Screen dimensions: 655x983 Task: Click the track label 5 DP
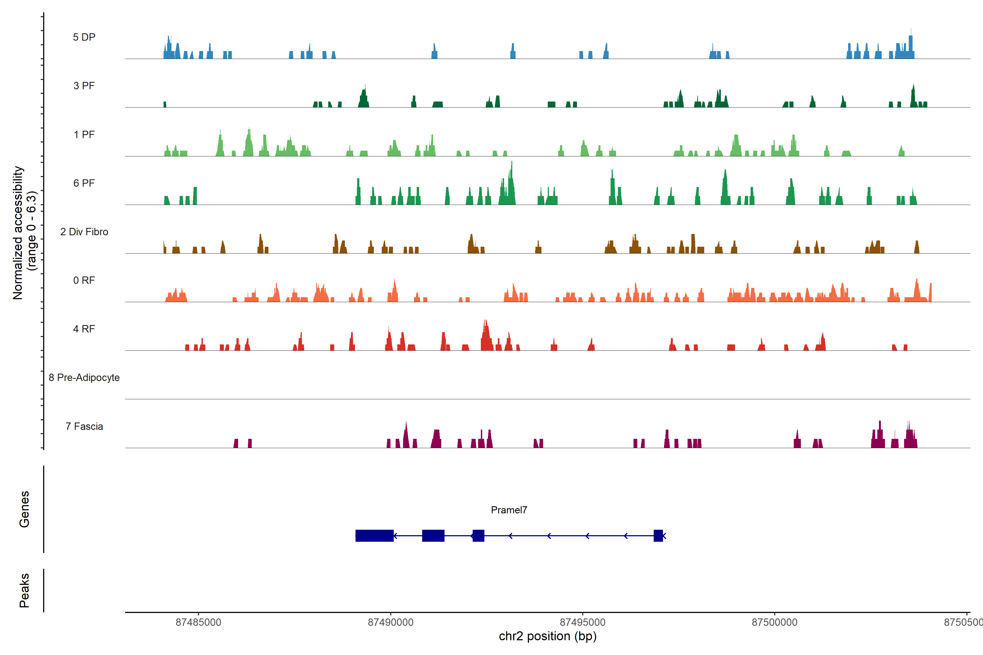pos(84,37)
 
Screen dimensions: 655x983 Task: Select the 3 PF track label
pos(84,86)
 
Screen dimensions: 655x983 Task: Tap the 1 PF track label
pos(84,135)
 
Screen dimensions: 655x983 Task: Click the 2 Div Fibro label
pos(84,232)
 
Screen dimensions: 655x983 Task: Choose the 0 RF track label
pos(84,280)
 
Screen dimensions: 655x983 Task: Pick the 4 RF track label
pos(84,329)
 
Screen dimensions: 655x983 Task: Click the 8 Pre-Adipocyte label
pos(84,378)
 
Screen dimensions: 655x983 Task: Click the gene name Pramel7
pos(509,510)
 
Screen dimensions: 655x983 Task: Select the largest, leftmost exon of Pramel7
pos(374,535)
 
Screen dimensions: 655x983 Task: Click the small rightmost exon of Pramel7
pos(658,535)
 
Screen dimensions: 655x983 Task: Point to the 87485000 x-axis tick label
pos(198,623)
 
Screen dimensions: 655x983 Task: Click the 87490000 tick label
pos(390,623)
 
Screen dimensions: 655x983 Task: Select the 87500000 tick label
pos(774,623)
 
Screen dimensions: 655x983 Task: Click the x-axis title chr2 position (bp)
pos(547,636)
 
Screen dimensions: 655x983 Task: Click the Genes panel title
pos(24,509)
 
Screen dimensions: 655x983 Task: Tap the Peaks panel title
pos(24,590)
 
